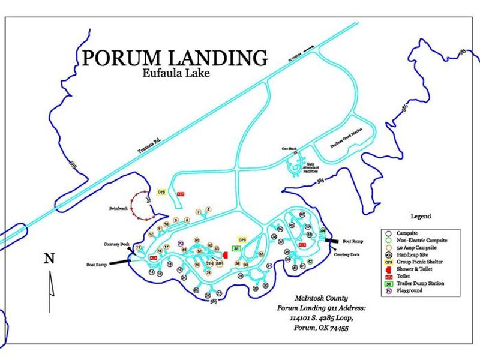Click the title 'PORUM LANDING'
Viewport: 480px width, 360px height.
tap(175, 58)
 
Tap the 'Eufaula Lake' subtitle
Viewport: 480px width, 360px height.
tap(175, 74)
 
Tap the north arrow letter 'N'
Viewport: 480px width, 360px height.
tap(50, 259)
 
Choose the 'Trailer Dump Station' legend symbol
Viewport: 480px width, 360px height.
tap(389, 283)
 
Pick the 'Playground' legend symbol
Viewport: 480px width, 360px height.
tap(389, 290)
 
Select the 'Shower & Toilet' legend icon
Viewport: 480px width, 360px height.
tap(389, 269)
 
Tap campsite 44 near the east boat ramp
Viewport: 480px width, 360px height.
tap(323, 230)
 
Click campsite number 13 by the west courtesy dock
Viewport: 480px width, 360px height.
tap(139, 247)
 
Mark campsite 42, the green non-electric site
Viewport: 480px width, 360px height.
tap(310, 262)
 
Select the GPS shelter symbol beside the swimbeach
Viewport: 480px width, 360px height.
tap(161, 192)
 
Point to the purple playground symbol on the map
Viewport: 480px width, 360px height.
tap(180, 243)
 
